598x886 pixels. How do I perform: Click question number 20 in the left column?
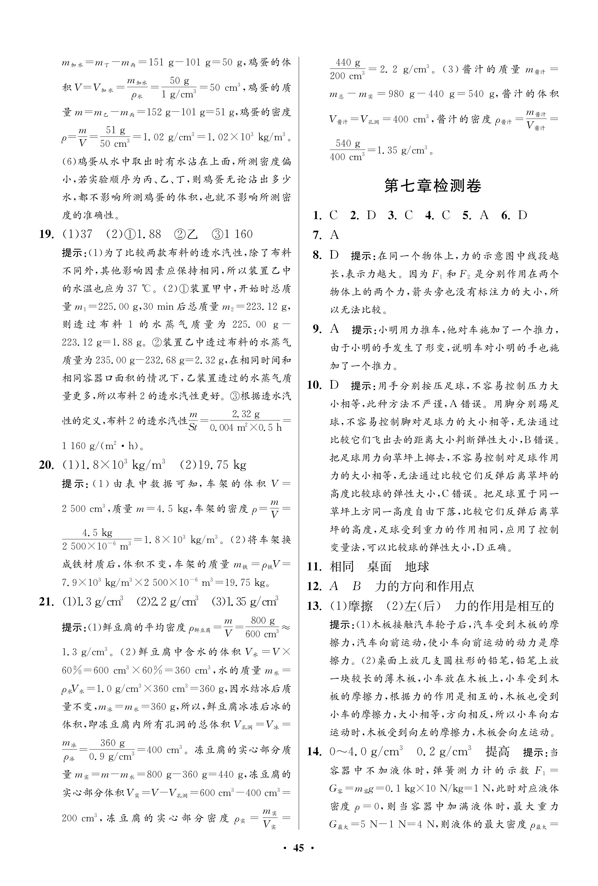(46, 465)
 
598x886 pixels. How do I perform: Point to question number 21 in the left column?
(46, 602)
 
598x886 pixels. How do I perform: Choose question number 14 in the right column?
(314, 752)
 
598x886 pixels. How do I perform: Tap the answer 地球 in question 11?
(417, 567)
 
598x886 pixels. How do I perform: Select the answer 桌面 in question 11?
(379, 567)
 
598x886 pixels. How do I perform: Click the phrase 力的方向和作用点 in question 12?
(424, 586)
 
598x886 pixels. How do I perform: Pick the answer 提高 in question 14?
(497, 752)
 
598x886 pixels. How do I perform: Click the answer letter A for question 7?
(335, 235)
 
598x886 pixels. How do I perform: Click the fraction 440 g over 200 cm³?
(347, 69)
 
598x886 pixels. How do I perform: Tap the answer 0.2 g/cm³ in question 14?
(444, 752)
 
